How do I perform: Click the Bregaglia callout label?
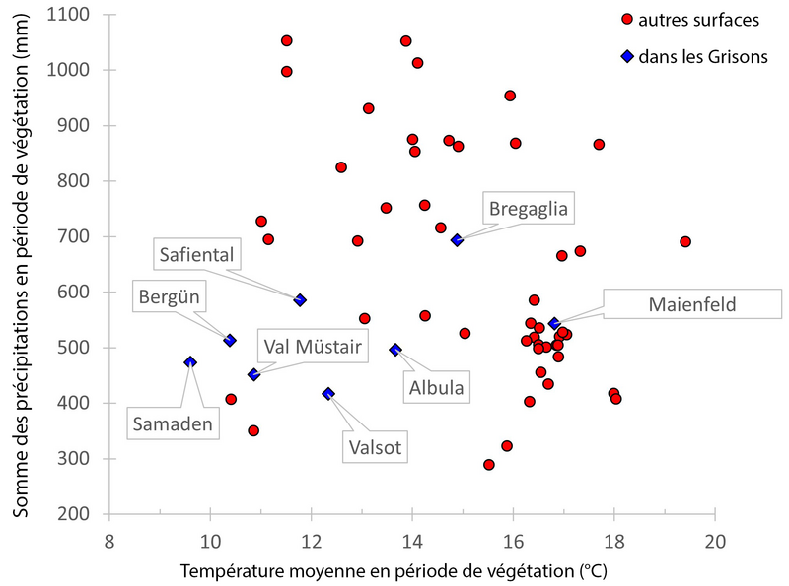click(530, 209)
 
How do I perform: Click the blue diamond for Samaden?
click(190, 362)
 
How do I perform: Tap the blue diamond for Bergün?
click(230, 340)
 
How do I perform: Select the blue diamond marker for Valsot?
click(328, 393)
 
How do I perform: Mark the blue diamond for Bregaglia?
click(457, 240)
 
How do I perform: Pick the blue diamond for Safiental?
click(300, 299)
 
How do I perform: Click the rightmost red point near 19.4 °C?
click(685, 241)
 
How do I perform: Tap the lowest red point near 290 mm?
click(488, 464)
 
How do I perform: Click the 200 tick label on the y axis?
click(84, 514)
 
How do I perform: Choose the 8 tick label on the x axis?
click(108, 541)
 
